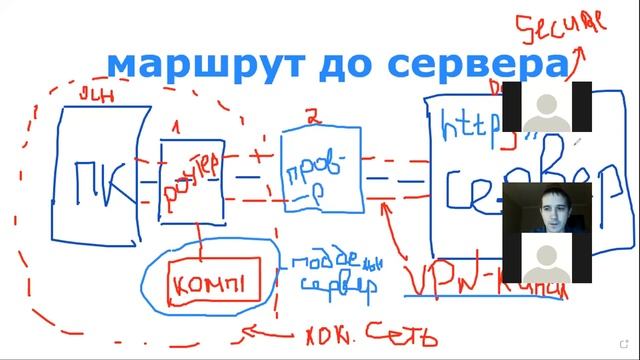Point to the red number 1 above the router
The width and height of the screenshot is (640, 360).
pos(178,128)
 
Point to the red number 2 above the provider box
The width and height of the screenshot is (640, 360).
pos(312,119)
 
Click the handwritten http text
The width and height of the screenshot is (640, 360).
pos(470,125)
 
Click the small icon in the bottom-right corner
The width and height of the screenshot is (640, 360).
pos(625,345)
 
